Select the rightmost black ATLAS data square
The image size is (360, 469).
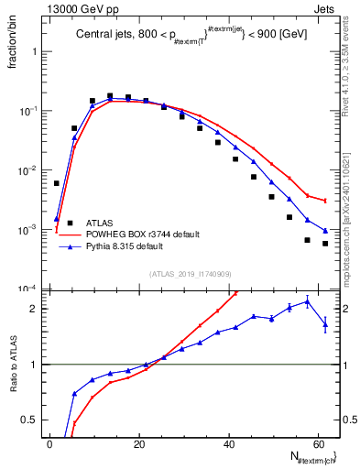pos(325,244)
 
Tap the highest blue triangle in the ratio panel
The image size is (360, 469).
pos(307,300)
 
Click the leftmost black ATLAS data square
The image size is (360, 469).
pos(57,183)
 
